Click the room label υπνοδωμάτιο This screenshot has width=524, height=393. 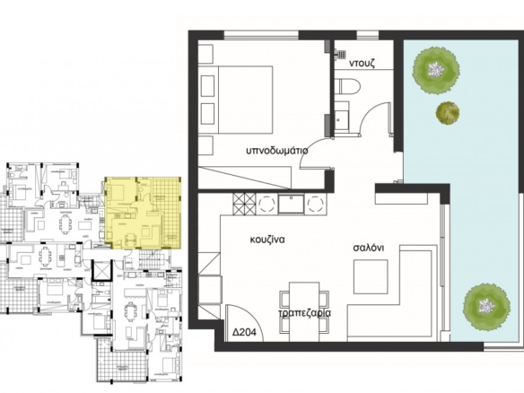[x=277, y=151]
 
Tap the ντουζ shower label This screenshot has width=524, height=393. [x=362, y=63]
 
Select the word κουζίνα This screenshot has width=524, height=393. [x=267, y=240]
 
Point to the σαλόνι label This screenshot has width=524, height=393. [x=369, y=248]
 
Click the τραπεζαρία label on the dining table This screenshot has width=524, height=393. [x=305, y=313]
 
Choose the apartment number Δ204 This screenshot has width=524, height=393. [x=245, y=332]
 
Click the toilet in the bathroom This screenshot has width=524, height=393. [x=348, y=86]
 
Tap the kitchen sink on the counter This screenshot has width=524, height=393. [x=292, y=204]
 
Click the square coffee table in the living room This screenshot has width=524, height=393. [x=371, y=276]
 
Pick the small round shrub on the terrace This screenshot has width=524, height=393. [x=448, y=113]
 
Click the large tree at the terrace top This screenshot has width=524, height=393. [x=435, y=70]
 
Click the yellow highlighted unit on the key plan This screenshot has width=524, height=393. [x=143, y=214]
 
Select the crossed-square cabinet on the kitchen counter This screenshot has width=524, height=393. [x=245, y=204]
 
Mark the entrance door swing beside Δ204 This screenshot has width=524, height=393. [x=245, y=322]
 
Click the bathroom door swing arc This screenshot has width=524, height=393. [x=376, y=118]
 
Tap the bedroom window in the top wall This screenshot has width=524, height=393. [x=261, y=35]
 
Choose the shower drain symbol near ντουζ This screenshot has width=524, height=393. [x=341, y=54]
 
